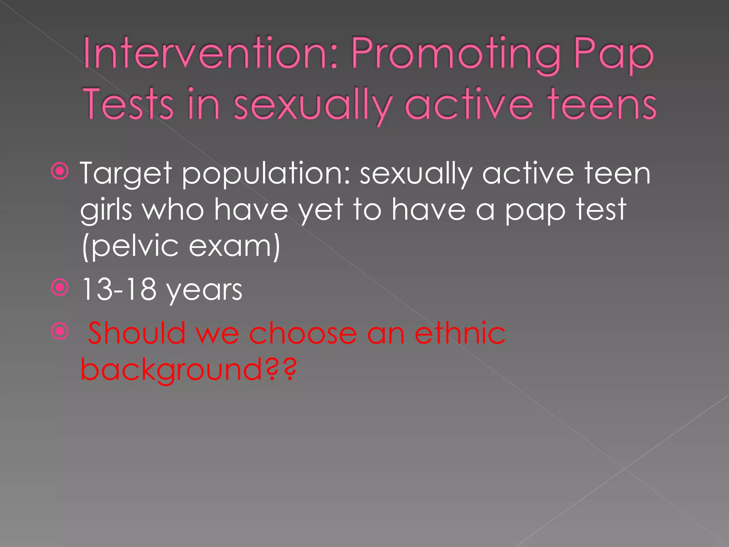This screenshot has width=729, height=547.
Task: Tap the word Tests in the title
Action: coord(129,104)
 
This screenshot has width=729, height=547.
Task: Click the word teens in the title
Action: coord(602,104)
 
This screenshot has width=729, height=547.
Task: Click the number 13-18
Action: coord(119,289)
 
